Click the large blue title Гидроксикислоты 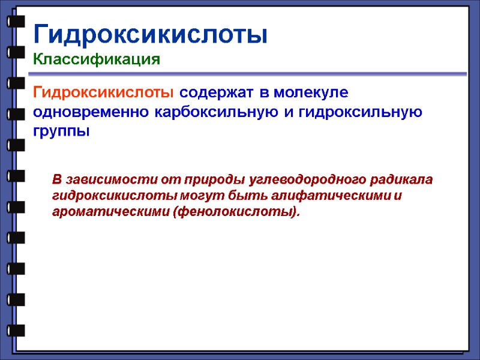click(150, 35)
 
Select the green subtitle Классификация click(97, 59)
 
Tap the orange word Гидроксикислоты click(104, 93)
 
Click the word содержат click(217, 93)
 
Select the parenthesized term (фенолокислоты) click(236, 212)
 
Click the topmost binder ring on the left click(16, 21)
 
